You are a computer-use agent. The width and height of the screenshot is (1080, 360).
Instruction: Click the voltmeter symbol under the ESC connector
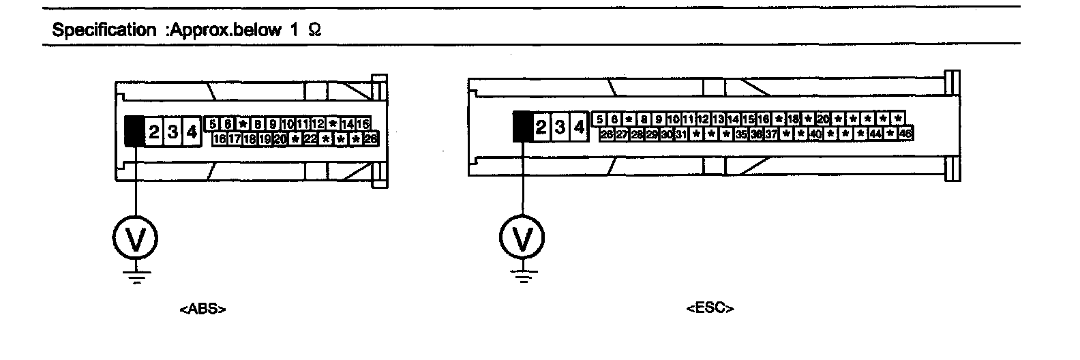[523, 237]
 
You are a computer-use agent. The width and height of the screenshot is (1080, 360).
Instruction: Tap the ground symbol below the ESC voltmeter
[523, 277]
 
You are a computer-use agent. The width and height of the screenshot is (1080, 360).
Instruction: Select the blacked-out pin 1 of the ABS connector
[134, 132]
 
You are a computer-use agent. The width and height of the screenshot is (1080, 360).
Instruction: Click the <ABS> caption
[202, 309]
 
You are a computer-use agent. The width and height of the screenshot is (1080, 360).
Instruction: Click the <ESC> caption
[710, 308]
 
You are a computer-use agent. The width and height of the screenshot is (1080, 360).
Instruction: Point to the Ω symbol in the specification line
[314, 31]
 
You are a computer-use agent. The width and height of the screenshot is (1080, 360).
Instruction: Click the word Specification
[104, 31]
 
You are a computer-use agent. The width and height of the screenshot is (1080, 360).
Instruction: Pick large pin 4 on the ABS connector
[192, 132]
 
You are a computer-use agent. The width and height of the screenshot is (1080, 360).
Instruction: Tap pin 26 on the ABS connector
[371, 139]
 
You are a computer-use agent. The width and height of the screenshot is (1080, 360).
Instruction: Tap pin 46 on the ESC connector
[905, 134]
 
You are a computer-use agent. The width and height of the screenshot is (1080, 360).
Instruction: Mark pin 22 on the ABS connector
[310, 139]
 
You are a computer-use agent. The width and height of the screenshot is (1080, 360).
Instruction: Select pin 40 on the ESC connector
[815, 134]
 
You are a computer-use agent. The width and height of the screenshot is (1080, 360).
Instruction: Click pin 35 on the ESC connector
[740, 134]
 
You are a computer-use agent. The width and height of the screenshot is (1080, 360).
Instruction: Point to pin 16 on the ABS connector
[220, 139]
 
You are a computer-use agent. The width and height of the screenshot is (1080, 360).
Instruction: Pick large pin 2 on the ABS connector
[153, 132]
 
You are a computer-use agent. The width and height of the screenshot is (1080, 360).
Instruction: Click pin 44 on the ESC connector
[875, 134]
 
